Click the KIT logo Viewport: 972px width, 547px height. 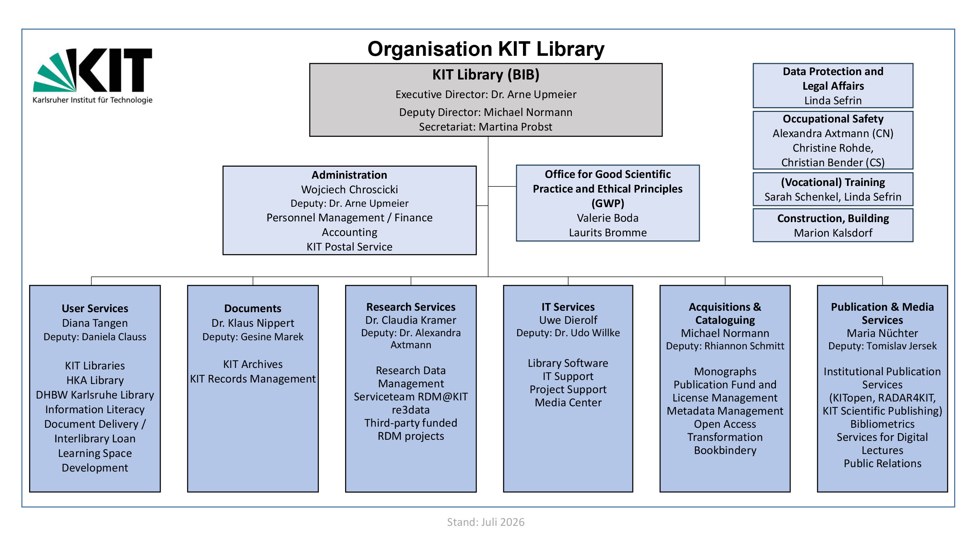93,76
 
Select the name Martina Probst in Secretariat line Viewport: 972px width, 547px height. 515,127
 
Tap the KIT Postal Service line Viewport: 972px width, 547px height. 350,247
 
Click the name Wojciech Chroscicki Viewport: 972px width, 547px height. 350,190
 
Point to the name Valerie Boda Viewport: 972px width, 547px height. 608,218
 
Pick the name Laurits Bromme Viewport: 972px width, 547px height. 608,233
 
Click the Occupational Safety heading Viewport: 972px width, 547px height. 833,119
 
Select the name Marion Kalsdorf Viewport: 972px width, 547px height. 833,233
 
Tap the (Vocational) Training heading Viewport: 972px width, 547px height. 833,182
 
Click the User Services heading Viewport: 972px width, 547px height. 95,309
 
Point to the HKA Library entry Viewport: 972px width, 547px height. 95,380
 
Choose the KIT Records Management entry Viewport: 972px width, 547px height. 253,379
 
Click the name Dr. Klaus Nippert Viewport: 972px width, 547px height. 253,323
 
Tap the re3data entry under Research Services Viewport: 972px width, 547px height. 410,410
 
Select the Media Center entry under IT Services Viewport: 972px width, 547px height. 568,403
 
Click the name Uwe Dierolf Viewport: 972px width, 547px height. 568,320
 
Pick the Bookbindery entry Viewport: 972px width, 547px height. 725,450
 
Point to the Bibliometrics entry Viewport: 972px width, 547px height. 882,424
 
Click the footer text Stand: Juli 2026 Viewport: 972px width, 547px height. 485,522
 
